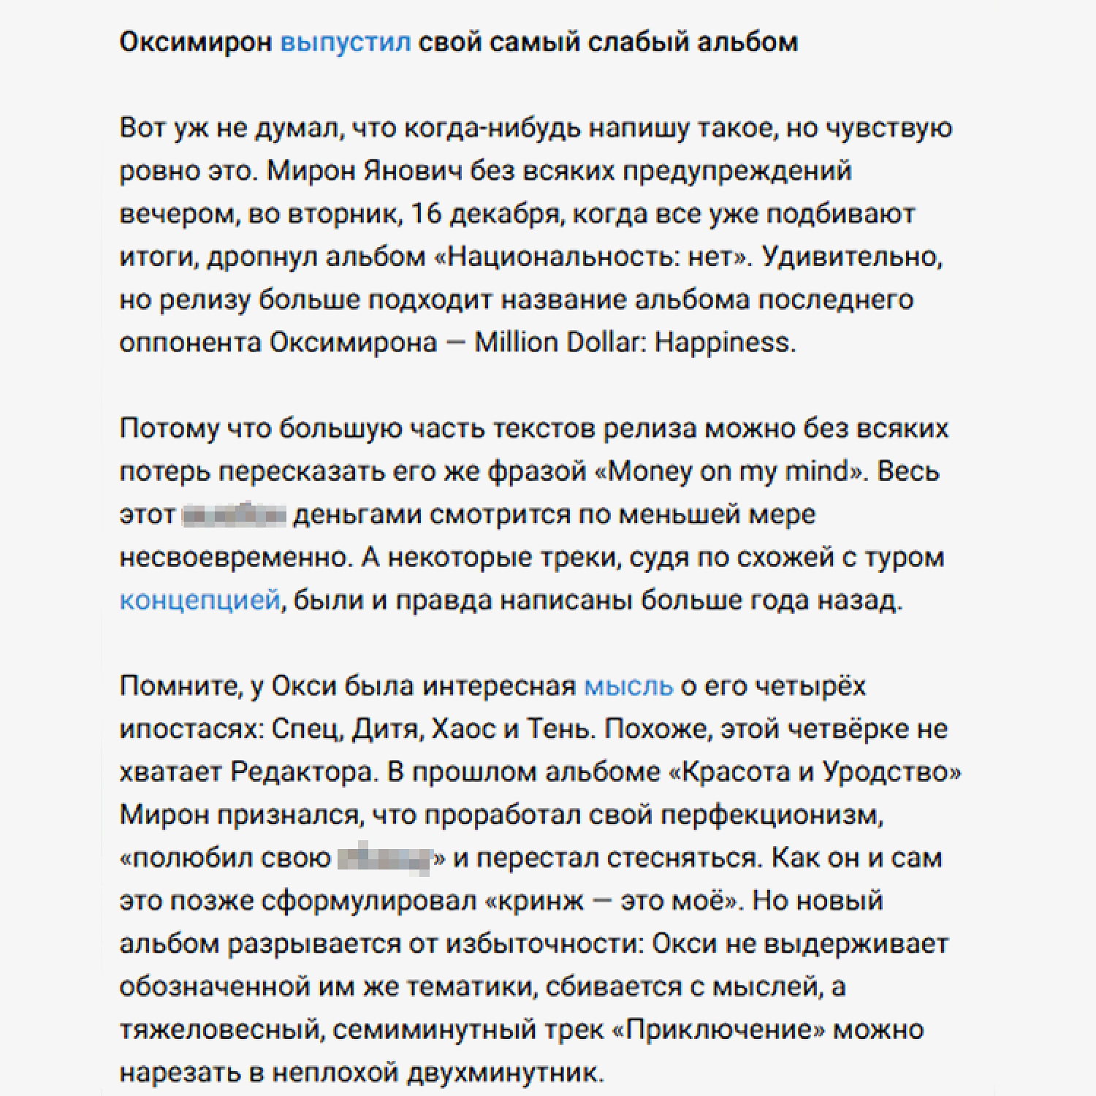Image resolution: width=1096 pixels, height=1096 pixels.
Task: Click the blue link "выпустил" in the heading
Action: (x=346, y=42)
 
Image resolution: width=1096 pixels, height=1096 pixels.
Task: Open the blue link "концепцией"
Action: (x=199, y=600)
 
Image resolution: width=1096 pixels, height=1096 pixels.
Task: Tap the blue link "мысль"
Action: (x=628, y=686)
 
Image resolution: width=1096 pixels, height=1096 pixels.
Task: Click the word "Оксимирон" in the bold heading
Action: (x=195, y=42)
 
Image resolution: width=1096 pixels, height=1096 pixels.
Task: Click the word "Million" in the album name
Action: (x=516, y=343)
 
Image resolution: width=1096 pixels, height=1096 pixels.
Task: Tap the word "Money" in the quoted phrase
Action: (x=650, y=471)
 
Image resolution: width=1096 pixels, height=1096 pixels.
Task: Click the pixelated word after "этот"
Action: (x=234, y=514)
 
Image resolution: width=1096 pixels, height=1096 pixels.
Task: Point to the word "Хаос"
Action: (x=464, y=729)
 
